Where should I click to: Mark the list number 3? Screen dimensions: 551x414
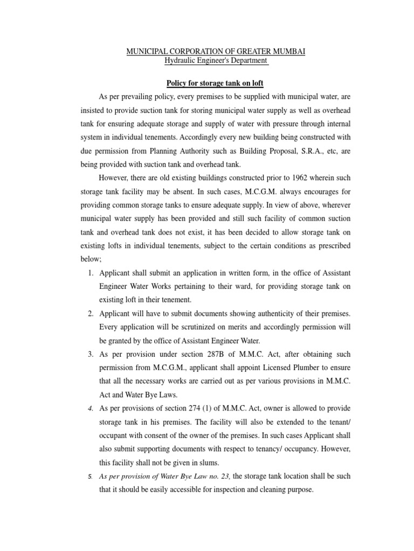[89, 354]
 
